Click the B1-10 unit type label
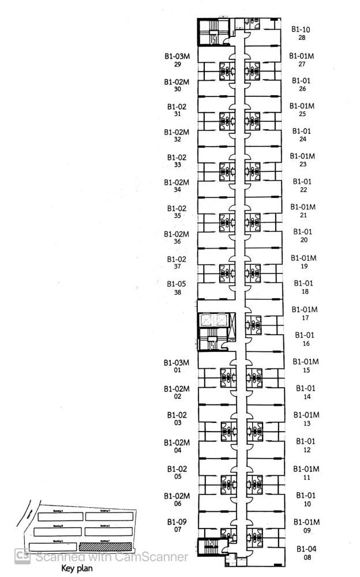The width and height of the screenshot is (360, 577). [301, 29]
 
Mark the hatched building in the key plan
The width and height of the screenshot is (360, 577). [105, 546]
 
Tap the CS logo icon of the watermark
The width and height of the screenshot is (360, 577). [22, 557]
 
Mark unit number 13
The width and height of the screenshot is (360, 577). [306, 424]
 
